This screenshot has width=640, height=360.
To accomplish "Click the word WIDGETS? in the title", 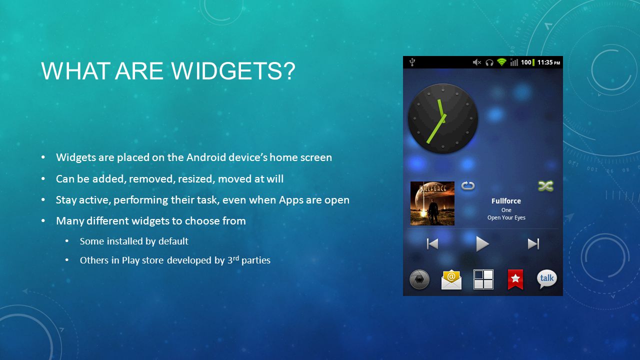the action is (x=233, y=71).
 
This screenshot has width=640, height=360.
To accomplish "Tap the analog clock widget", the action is (x=443, y=118).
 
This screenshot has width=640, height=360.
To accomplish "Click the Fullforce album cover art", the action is (x=432, y=203).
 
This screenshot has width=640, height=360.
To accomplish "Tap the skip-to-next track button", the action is (x=533, y=244).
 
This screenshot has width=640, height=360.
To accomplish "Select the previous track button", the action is (x=432, y=244).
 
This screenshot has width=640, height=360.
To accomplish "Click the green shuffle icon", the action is (x=545, y=186).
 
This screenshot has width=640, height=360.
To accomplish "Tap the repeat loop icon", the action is (x=468, y=186).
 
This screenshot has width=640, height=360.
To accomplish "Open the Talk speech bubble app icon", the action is (x=547, y=279).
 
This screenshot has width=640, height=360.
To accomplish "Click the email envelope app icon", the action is (x=451, y=279).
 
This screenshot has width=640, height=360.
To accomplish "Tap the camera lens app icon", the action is (x=419, y=279).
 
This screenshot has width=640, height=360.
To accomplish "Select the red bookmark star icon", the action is (x=515, y=279).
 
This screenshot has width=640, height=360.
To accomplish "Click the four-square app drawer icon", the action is (x=483, y=279).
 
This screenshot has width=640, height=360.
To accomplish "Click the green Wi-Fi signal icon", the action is (x=501, y=62).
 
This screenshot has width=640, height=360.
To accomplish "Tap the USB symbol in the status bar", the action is (x=412, y=62).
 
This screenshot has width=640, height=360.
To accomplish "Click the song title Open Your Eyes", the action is (x=506, y=217).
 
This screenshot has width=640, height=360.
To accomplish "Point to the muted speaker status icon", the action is (x=477, y=62).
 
